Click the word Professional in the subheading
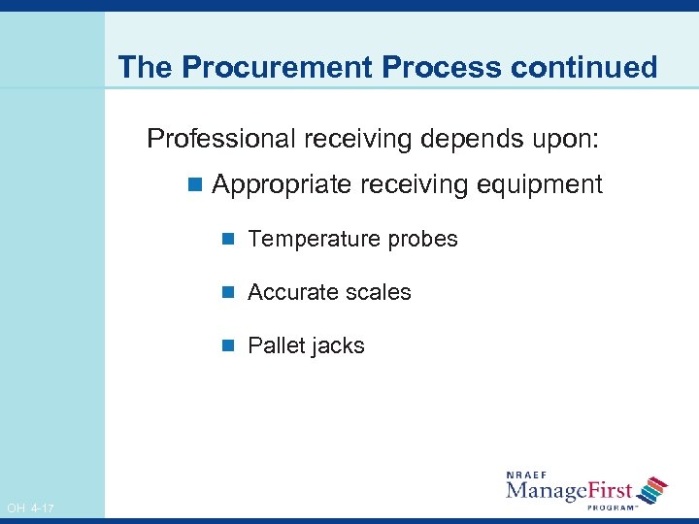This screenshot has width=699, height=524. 221,139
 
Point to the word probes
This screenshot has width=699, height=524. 421,240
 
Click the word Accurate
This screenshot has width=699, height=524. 293,293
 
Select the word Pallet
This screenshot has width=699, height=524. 276,346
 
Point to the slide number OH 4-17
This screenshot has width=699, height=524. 30,508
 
